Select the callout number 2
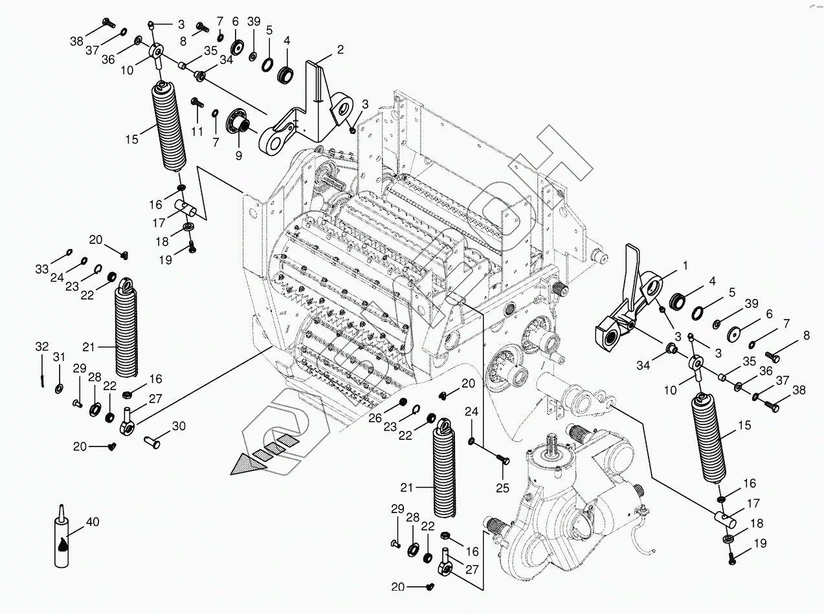pyautogui.click(x=340, y=49)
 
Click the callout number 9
pyautogui.click(x=239, y=156)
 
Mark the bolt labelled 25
pyautogui.click(x=503, y=459)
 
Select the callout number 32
pyautogui.click(x=41, y=347)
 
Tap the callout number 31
pyautogui.click(x=59, y=357)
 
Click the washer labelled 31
pyautogui.click(x=59, y=388)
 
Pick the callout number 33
pyautogui.click(x=42, y=269)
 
